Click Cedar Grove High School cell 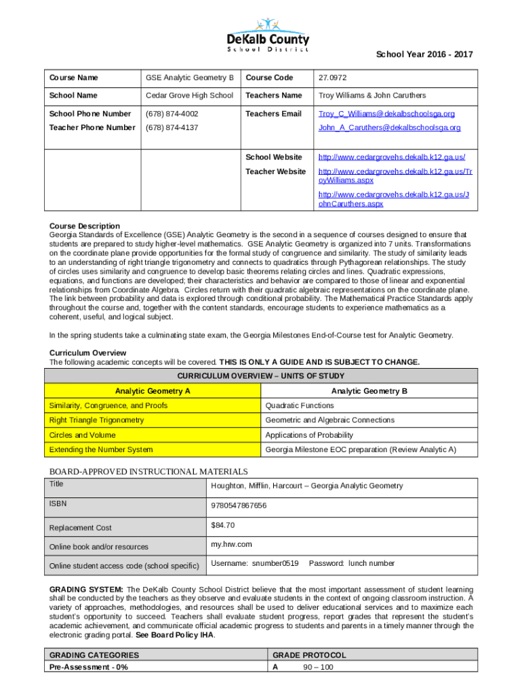(x=189, y=96)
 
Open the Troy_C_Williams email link (x=387, y=114)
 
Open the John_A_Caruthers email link (x=389, y=127)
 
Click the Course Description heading (x=85, y=226)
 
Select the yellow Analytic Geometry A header (x=153, y=391)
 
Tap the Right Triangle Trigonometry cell (x=96, y=420)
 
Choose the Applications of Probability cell (x=309, y=435)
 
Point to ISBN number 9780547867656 (x=239, y=506)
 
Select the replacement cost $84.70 (x=222, y=525)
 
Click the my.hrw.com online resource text (x=231, y=544)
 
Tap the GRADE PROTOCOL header (x=308, y=655)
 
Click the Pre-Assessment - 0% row (x=89, y=667)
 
